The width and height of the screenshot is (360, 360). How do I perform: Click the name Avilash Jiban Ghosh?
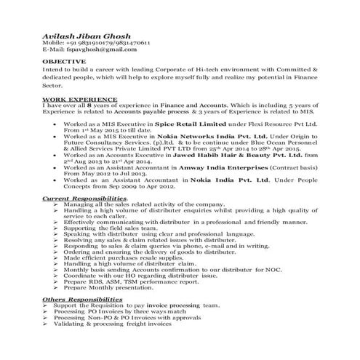pyautogui.click(x=81, y=34)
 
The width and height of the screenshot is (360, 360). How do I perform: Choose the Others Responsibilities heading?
pyautogui.click(x=74, y=299)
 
